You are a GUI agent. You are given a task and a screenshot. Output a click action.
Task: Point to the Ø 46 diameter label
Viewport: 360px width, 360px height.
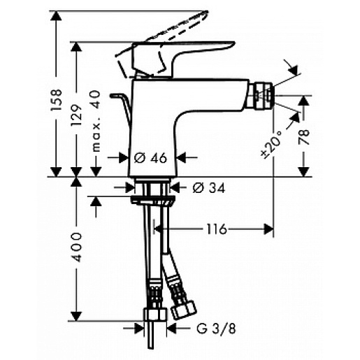tap(149, 158)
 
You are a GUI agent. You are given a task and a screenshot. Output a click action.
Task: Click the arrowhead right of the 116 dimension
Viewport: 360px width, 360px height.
tap(267, 229)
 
